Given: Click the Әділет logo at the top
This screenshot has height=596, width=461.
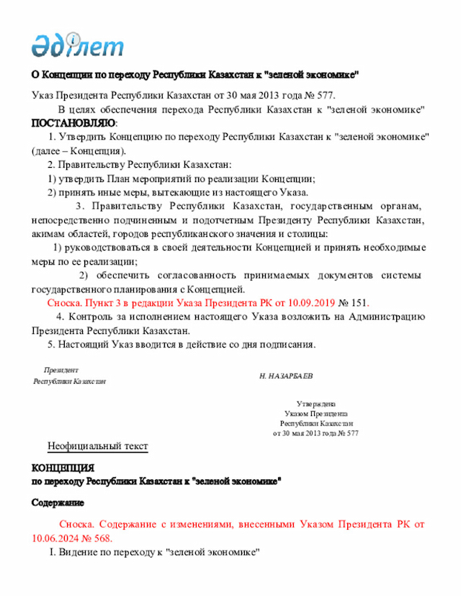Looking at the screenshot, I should (x=77, y=45).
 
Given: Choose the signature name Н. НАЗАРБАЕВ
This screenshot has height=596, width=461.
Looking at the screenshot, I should (x=286, y=376).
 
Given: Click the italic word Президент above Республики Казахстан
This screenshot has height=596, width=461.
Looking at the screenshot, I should (x=61, y=369).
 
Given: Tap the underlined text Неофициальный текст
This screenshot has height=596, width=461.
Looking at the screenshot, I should (x=97, y=446).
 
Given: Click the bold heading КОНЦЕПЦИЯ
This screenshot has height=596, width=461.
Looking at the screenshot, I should (x=63, y=467).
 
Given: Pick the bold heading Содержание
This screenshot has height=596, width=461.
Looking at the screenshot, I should (x=58, y=502).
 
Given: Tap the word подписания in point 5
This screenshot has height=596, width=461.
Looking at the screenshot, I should (x=287, y=344).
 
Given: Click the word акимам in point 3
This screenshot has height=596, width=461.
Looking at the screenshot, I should (x=48, y=234).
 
